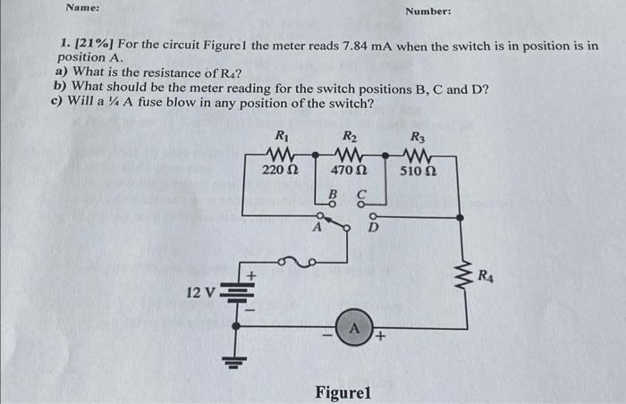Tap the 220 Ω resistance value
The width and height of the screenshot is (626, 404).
pos(280,169)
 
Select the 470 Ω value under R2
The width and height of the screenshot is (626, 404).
pos(350,169)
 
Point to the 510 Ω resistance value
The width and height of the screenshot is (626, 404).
pos(418,170)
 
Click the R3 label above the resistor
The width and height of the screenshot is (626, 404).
pos(418,138)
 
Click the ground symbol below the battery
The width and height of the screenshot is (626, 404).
pos(235,362)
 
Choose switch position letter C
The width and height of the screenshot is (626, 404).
pos(362,193)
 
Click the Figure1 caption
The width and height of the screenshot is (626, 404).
pos(344,392)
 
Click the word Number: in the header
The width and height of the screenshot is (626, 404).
pos(428,12)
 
